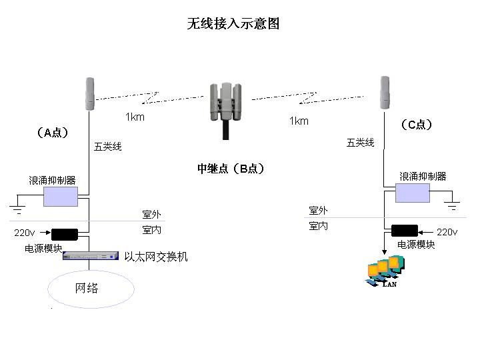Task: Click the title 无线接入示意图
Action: pos(233,24)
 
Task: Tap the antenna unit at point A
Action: pos(90,93)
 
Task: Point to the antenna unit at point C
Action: pos(385,92)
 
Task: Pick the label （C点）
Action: pos(417,125)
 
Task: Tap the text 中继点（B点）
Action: pos(231,169)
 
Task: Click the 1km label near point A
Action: pos(135,117)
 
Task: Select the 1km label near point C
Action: pos(299,121)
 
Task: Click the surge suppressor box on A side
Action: pos(61,197)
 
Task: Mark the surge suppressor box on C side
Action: pos(413,193)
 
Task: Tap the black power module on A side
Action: pos(65,234)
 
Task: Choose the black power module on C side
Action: pos(404,231)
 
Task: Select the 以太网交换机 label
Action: pos(156,257)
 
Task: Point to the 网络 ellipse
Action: pos(91,289)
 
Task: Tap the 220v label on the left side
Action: pos(25,233)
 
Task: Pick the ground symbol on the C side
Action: pos(453,206)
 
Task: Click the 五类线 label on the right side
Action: pos(360,143)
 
